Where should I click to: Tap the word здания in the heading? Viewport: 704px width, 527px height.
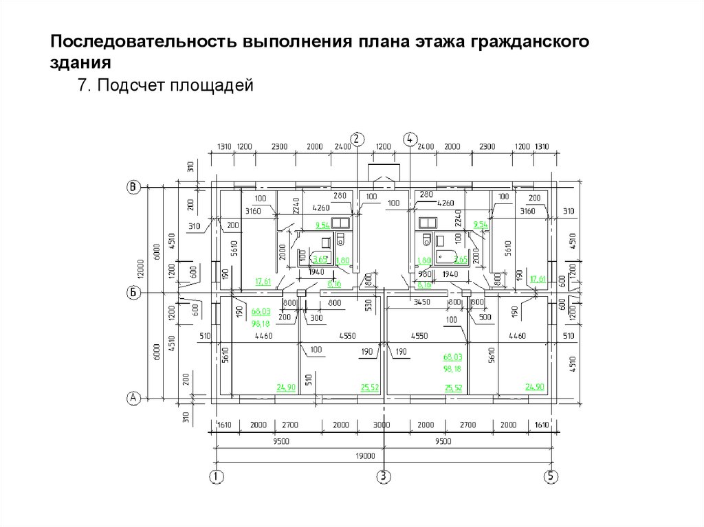point(80,64)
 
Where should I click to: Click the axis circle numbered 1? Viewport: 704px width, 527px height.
point(217,476)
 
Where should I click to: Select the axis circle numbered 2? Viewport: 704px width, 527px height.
point(356,139)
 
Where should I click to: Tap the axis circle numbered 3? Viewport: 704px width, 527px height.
point(384,476)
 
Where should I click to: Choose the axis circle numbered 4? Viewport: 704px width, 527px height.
point(410,139)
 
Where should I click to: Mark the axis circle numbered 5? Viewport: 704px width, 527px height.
point(551,476)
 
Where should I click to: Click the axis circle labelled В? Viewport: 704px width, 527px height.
point(134,186)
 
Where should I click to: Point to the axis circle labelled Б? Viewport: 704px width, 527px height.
point(134,293)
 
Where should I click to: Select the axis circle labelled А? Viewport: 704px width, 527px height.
point(134,398)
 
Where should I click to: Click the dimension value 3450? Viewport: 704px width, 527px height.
point(421,302)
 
